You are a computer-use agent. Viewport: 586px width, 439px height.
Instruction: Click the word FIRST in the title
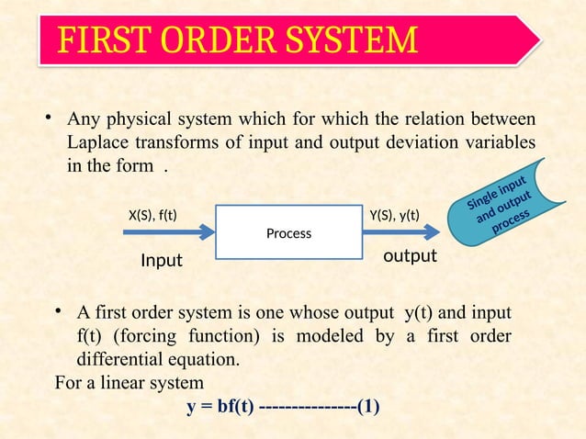click(98, 40)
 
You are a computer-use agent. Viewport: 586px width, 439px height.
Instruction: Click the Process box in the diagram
click(288, 233)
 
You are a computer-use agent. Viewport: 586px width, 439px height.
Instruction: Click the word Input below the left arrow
click(161, 262)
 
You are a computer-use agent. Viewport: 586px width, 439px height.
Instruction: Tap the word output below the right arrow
click(410, 256)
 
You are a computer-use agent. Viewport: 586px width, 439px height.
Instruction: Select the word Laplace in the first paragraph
click(97, 145)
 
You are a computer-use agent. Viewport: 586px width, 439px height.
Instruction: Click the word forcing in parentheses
click(158, 336)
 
